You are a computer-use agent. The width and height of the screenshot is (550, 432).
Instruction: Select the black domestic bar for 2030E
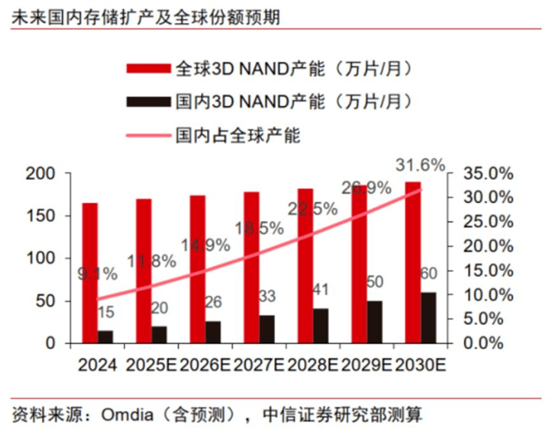(428, 317)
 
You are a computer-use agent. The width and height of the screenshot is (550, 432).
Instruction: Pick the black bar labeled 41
(321, 325)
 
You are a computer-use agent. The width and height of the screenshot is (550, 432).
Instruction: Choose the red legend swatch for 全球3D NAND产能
(149, 68)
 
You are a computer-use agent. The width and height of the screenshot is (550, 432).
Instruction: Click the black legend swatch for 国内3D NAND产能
(149, 101)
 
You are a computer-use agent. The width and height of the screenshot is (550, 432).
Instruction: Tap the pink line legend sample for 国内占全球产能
(149, 135)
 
